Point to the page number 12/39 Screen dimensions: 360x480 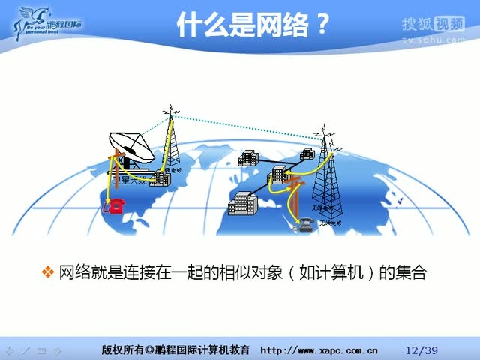421,349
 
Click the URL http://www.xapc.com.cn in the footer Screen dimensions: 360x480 319,349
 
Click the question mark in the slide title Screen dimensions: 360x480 319,26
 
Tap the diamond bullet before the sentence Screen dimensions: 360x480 48,271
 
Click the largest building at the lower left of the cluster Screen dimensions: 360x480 243,202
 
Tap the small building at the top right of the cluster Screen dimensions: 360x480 306,154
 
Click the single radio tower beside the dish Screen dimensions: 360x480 172,146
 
